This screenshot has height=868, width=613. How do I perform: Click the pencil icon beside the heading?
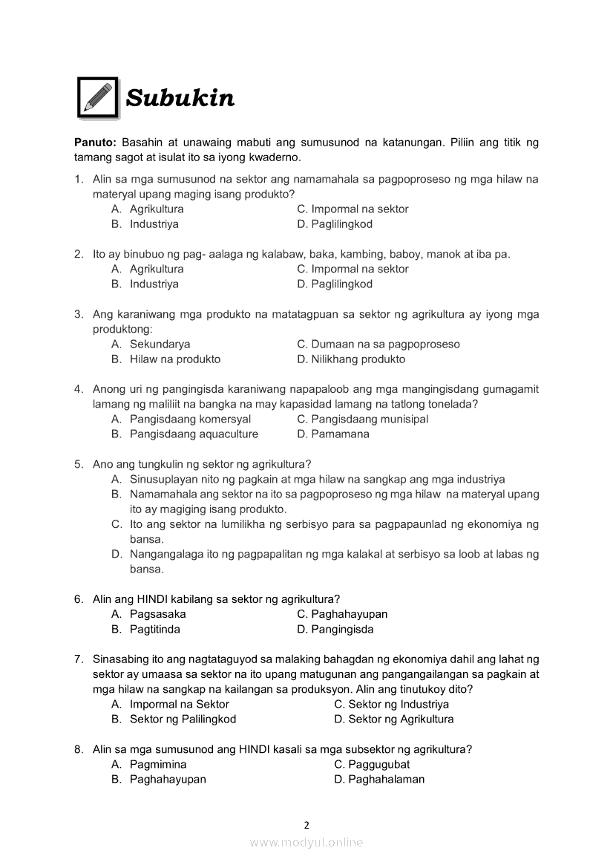click(98, 97)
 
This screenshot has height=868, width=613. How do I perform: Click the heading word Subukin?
click(180, 98)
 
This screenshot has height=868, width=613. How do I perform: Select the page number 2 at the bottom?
click(306, 824)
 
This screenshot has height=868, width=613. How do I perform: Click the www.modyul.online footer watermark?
click(306, 842)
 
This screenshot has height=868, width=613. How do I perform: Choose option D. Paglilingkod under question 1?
click(335, 224)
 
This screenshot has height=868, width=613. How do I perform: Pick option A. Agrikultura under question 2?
click(148, 269)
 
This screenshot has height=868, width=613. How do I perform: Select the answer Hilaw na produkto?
click(174, 359)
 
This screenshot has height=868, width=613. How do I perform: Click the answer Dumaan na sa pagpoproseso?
click(378, 344)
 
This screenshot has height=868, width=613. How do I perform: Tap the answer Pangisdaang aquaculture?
click(194, 434)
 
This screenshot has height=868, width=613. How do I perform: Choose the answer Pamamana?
click(333, 434)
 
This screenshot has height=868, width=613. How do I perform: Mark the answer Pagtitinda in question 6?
click(154, 630)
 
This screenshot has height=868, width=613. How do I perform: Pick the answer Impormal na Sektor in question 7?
click(179, 704)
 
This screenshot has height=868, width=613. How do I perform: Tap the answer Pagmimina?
click(158, 764)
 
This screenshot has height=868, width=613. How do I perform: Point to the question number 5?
click(78, 464)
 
